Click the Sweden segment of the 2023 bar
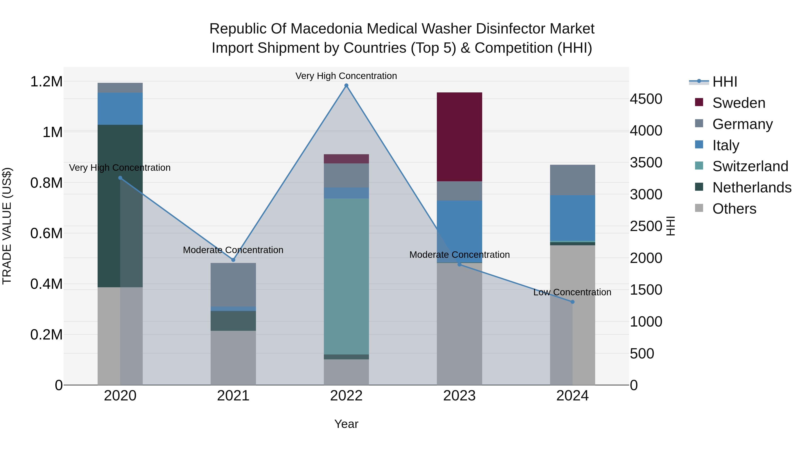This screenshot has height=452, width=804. pyautogui.click(x=459, y=137)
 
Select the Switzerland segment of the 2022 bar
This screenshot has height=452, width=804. pyautogui.click(x=346, y=276)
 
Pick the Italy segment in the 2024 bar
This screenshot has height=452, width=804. pyautogui.click(x=572, y=218)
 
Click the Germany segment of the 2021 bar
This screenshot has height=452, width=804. pyautogui.click(x=233, y=285)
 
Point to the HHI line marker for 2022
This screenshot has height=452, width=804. pyautogui.click(x=346, y=85)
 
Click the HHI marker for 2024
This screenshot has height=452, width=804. pyautogui.click(x=572, y=302)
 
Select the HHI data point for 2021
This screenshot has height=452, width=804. pyautogui.click(x=233, y=260)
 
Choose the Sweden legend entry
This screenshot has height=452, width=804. pyautogui.click(x=739, y=103)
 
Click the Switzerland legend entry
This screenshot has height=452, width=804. pyautogui.click(x=750, y=166)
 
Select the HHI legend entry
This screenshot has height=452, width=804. pyautogui.click(x=724, y=82)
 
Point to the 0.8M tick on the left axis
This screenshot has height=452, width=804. pyautogui.click(x=46, y=183)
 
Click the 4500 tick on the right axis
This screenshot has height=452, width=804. pyautogui.click(x=646, y=99)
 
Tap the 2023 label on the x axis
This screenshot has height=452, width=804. pyautogui.click(x=459, y=396)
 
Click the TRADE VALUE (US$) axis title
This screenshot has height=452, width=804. pyautogui.click(x=7, y=226)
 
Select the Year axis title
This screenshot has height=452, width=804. pyautogui.click(x=346, y=424)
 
